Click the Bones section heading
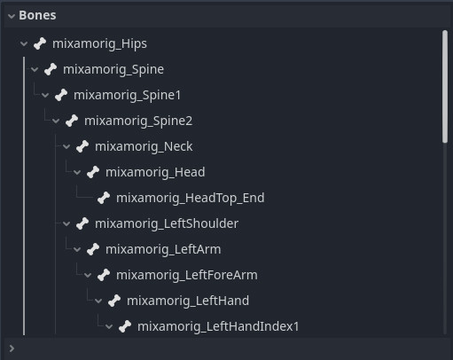tap(37, 15)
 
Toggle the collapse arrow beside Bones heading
tap(12, 16)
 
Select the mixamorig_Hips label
tap(99, 43)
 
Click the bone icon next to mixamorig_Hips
tap(40, 43)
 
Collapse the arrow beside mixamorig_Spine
tap(35, 70)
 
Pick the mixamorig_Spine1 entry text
tap(127, 95)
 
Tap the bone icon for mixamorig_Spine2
tap(72, 121)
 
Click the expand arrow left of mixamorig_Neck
tap(66, 147)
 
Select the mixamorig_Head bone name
tap(155, 172)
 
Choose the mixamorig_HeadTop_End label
tap(191, 198)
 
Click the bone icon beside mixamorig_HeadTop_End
tap(104, 198)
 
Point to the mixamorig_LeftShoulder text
tap(167, 223)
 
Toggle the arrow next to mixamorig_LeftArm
tap(77, 250)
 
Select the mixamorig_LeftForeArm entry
tap(187, 275)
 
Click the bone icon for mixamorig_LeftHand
tap(114, 301)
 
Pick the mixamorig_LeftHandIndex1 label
tap(218, 326)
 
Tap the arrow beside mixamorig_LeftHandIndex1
tap(109, 327)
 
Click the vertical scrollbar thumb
tap(445, 87)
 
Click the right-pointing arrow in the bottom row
tap(12, 348)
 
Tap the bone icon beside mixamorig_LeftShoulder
tap(82, 223)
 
